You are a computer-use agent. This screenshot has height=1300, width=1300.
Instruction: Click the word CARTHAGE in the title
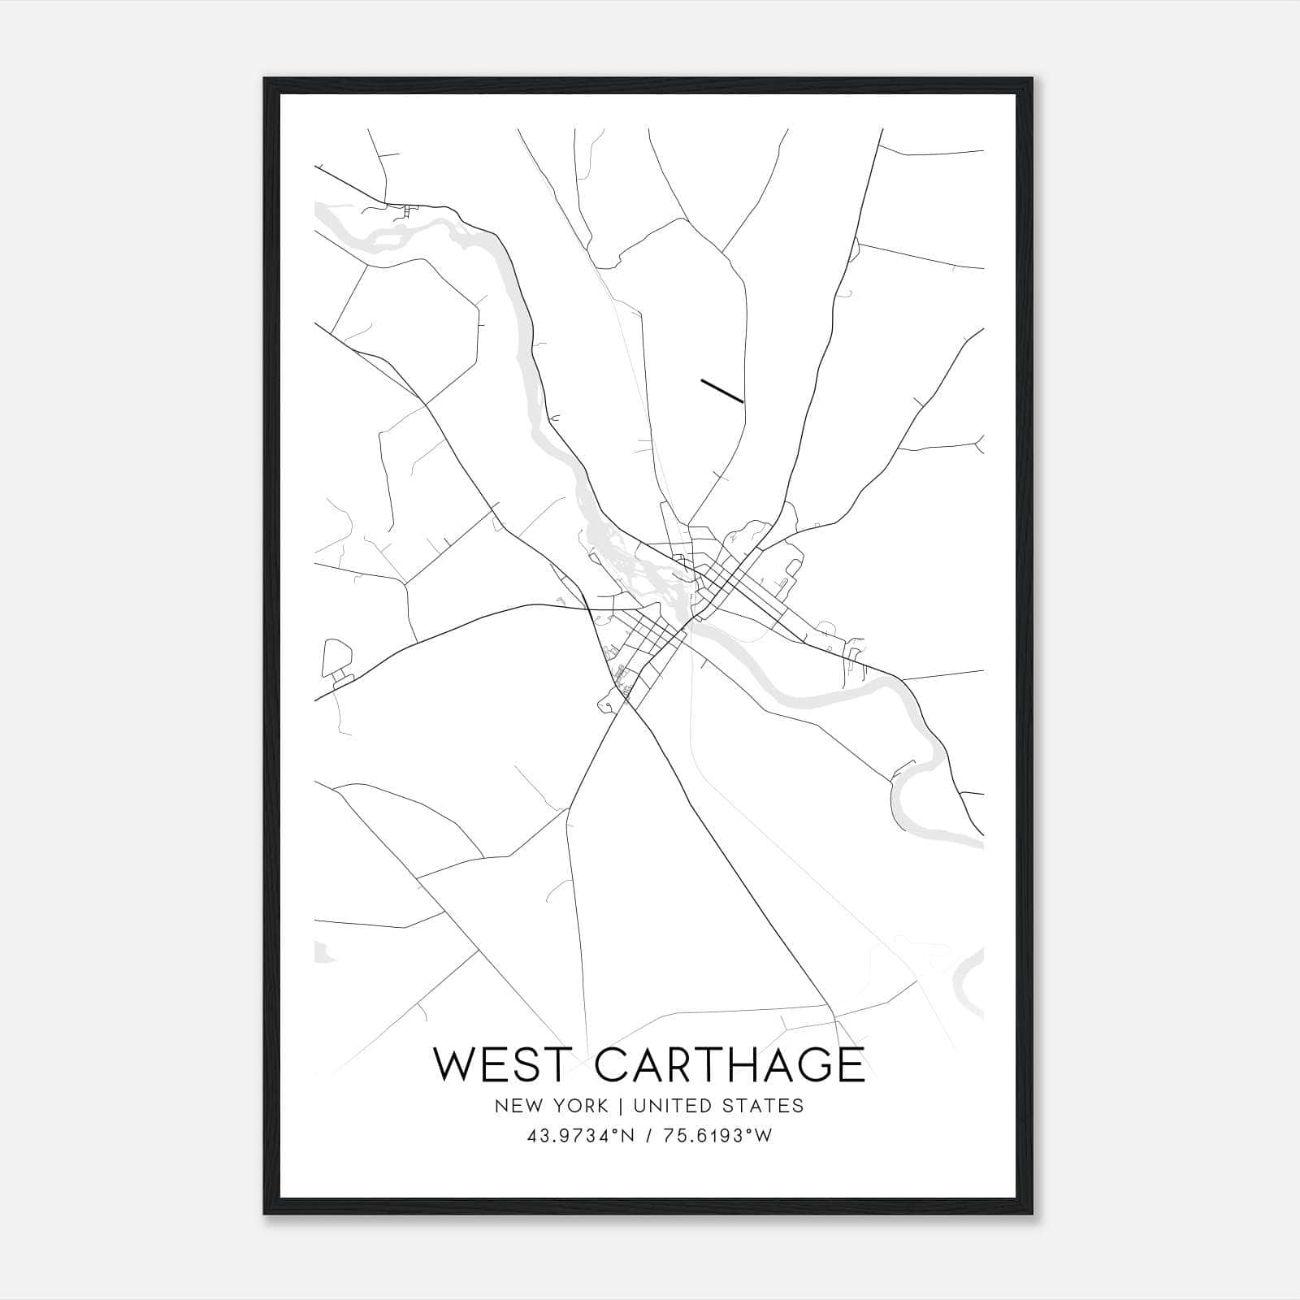pyautogui.click(x=730, y=1064)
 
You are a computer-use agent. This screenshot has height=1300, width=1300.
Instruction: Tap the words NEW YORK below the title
pyautogui.click(x=551, y=1106)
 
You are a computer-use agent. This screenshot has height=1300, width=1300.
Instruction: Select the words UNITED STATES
pyautogui.click(x=718, y=1106)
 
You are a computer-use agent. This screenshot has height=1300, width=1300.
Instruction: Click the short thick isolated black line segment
pyautogui.click(x=721, y=390)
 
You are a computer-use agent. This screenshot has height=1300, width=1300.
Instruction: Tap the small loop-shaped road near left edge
pyautogui.click(x=337, y=656)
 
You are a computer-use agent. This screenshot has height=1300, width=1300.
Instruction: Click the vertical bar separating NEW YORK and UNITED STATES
pyautogui.click(x=621, y=1106)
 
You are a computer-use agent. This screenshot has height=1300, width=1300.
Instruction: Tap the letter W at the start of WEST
pyautogui.click(x=453, y=1064)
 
